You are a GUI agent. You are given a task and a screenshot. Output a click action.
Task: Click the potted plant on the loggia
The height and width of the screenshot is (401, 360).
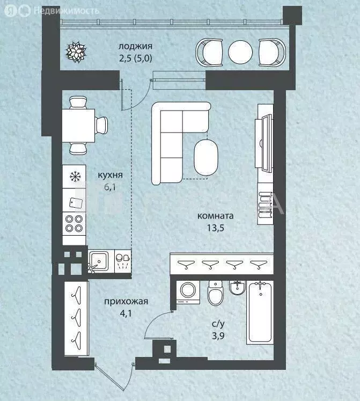pos(76,52)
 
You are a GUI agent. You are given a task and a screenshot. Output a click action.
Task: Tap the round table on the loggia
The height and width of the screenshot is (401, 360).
pos(240,52)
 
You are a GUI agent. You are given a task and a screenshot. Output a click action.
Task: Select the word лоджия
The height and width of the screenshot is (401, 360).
pos(135,46)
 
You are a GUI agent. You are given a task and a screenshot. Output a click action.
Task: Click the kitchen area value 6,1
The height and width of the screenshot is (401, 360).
pos(110,187)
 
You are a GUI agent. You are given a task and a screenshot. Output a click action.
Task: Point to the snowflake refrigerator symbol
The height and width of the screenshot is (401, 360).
pos(75,177)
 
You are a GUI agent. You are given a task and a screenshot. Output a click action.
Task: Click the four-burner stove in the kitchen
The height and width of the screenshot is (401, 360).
pos(74,223)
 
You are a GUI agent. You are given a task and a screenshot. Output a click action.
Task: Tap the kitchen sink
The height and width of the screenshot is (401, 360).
pos(98,261)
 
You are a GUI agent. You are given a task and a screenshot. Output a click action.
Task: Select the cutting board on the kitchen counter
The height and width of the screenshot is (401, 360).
pos(76,203)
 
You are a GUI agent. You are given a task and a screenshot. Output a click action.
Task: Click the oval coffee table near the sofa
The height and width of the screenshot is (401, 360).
pos(206,157)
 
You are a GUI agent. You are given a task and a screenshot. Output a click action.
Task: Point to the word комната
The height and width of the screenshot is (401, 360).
pos(215,216)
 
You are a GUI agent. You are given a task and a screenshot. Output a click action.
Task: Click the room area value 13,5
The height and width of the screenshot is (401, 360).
pos(216,228)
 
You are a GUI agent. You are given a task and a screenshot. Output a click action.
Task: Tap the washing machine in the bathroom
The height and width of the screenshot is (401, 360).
pos(188,292)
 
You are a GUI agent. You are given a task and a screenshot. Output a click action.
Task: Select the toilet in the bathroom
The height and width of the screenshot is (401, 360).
pos(216,293)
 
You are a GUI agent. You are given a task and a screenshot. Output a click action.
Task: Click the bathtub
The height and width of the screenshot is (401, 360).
pos(260,312)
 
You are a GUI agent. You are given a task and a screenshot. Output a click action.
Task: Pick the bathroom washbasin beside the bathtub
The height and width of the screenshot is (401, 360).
pos(238,287)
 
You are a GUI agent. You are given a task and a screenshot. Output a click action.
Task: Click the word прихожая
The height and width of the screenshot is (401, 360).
pos(126,301)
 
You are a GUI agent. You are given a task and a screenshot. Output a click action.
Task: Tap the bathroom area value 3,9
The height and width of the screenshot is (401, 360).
pos(218,336)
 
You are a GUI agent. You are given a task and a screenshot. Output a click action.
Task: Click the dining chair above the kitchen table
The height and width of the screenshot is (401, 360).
pos(78,103)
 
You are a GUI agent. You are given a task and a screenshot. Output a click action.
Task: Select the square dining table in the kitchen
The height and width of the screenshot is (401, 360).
pos(78,126)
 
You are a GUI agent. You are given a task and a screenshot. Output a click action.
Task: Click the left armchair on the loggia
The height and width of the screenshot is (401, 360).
pos(209,53)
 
